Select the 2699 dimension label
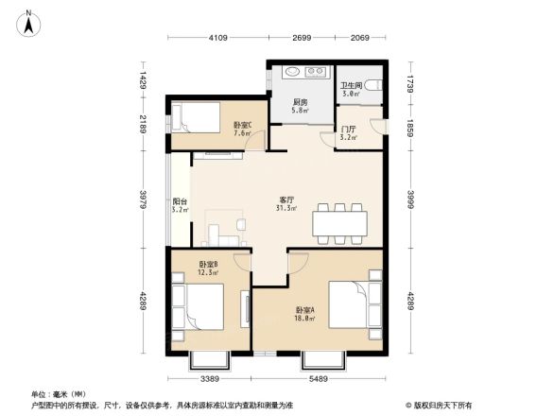coord(302,39)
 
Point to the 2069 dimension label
coord(360,39)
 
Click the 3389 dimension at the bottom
coord(211,378)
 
